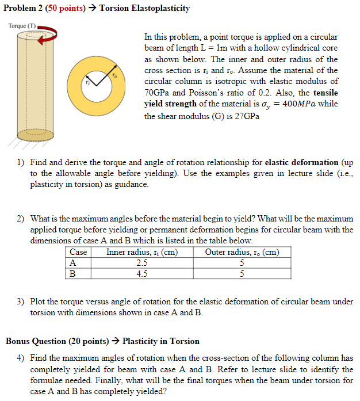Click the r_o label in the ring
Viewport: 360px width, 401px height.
pos(114,75)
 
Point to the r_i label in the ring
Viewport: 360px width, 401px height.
pos(88,83)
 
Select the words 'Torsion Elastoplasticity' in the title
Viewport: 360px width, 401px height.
pos(144,9)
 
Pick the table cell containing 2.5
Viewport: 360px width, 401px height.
pos(142,263)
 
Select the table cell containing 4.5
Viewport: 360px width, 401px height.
pos(142,273)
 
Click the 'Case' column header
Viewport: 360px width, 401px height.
pos(78,252)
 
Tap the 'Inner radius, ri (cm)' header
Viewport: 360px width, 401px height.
pos(142,252)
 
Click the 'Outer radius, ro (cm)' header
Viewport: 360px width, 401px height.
pos(242,252)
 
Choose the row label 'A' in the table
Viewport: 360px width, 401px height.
pos(72,263)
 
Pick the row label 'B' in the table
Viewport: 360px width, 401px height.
pos(72,273)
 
